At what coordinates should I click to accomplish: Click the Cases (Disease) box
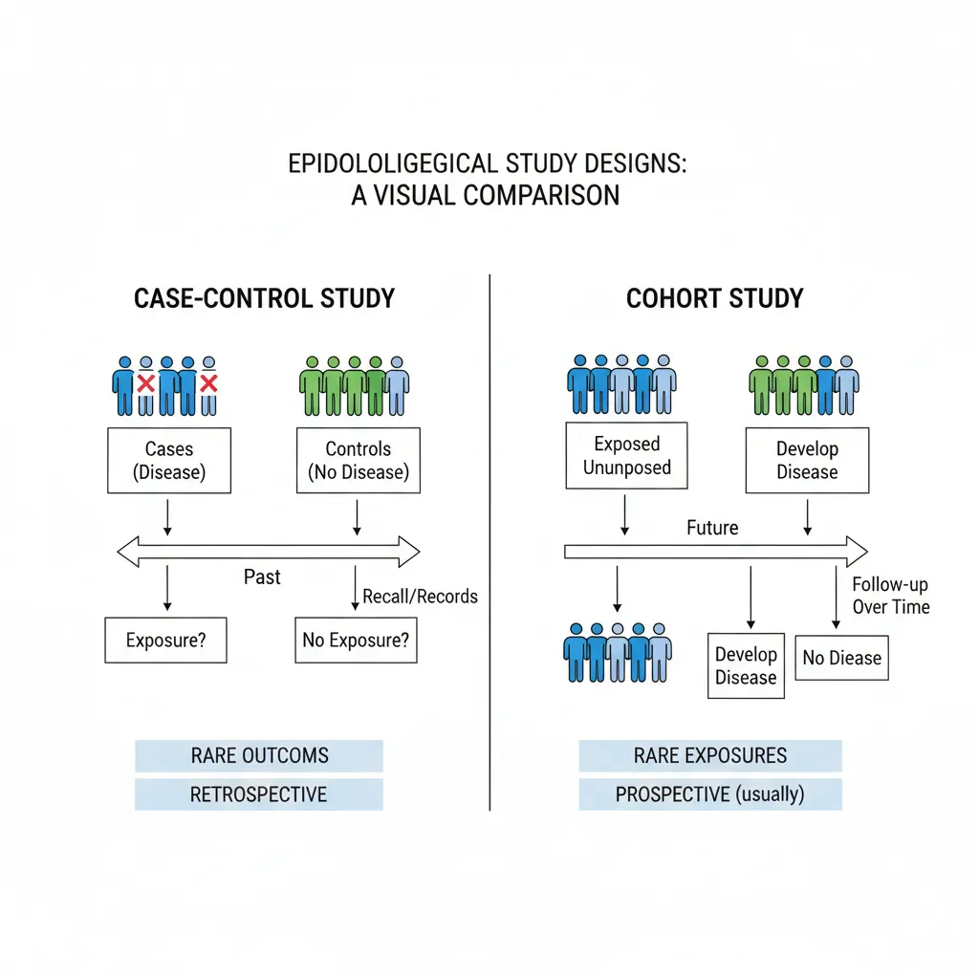pos(169,460)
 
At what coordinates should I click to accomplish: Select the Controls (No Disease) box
pos(359,460)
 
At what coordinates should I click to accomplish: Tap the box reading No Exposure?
pos(356,640)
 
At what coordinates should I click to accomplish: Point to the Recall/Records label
pos(420,597)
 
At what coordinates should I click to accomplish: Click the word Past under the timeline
pos(262,577)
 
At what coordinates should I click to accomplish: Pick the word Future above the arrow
pos(712,527)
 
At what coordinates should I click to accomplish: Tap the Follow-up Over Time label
pos(890,596)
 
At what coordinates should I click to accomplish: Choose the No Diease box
pos(841,658)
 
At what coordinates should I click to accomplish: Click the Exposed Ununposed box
pos(627,456)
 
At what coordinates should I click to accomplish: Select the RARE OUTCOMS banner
pos(259,755)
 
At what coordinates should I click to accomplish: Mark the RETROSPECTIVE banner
pos(259,794)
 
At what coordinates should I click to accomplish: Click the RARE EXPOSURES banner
pos(710,755)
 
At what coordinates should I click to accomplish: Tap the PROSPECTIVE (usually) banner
pos(710,794)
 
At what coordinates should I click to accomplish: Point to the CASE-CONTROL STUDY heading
pos(265,298)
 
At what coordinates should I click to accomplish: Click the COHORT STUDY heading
pos(715,298)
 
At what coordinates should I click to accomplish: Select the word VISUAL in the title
pos(411,195)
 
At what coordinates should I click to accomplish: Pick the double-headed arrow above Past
pos(268,552)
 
